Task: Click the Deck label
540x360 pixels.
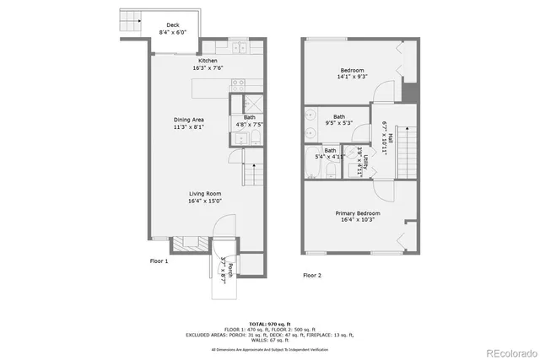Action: [x=172, y=25]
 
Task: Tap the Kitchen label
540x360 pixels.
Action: [x=208, y=61]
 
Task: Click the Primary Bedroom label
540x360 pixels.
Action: [x=355, y=213]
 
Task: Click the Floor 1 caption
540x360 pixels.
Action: [x=159, y=261]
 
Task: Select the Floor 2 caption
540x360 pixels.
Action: [x=313, y=276]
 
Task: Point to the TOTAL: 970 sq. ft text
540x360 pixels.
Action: [x=269, y=324]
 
